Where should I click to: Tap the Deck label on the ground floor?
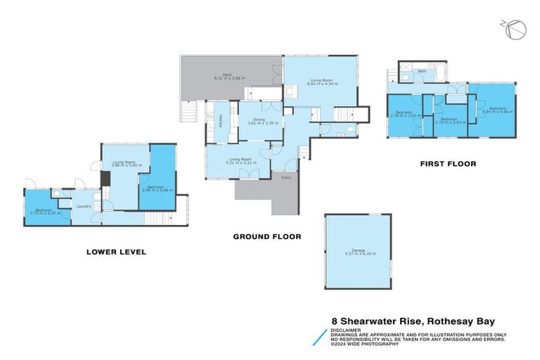coord(227,75)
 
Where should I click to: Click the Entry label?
coord(286,177)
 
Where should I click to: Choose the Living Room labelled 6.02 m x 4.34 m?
coord(323,82)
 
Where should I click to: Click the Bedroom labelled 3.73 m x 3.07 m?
coord(46,211)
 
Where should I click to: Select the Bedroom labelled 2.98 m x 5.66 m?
coord(157,188)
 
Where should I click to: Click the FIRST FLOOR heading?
coord(448,164)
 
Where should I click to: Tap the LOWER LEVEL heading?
coord(116,251)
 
